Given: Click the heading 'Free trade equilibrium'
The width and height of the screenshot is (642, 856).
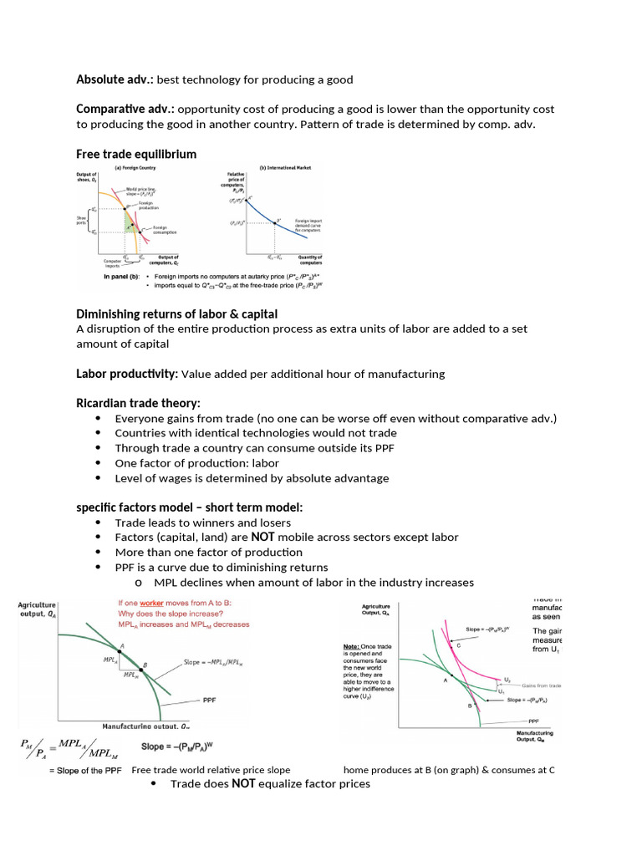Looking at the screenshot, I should (x=136, y=154).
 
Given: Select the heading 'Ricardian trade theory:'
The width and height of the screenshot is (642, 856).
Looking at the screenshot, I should (x=138, y=404).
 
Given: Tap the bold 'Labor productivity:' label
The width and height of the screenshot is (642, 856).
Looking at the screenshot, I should (x=126, y=374).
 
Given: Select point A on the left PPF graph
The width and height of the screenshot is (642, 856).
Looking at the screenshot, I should (x=122, y=646).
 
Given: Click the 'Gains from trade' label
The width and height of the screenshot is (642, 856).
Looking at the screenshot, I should (x=538, y=685).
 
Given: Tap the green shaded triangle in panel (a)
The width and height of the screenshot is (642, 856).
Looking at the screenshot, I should (x=129, y=222).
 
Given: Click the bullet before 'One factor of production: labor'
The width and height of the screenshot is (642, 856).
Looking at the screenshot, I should (x=99, y=463).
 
